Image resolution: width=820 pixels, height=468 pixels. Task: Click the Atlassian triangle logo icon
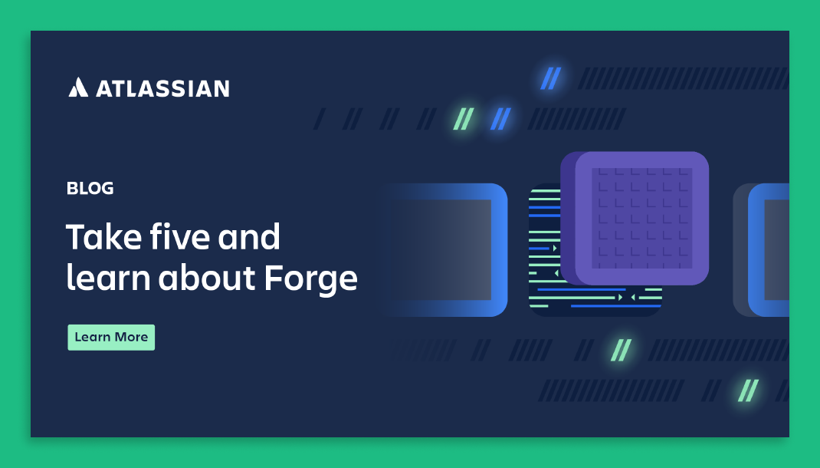78,87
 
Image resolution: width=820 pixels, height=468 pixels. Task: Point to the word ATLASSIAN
162,88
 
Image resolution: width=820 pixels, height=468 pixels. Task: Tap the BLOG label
90,189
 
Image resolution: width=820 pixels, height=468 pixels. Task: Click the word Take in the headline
104,236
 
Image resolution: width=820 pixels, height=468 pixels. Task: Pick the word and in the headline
249,236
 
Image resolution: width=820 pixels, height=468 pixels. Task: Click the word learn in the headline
108,277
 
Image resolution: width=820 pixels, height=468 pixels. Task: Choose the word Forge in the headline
310,278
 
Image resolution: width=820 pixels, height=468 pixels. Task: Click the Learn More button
111,337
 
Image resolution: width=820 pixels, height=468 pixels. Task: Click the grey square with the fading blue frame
444,250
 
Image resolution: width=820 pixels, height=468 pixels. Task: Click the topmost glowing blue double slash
551,78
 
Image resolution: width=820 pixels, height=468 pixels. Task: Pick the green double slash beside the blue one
464,119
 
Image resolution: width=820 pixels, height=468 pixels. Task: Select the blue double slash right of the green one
500,119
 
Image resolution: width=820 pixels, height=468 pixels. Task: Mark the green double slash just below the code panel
622,350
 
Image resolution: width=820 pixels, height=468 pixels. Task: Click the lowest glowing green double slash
748,391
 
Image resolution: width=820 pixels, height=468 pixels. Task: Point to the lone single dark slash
320,119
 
